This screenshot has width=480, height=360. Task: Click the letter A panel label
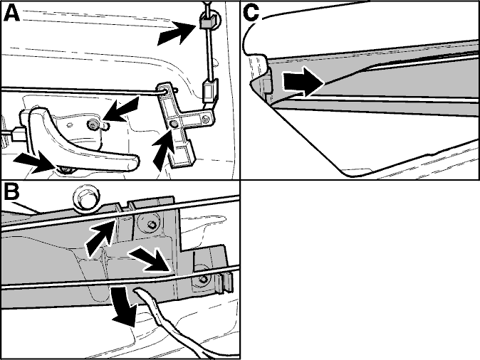coord(11,14)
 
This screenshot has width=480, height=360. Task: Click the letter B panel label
coord(11,192)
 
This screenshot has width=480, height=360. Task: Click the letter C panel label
coord(251,14)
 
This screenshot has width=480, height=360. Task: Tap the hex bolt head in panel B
coord(87,198)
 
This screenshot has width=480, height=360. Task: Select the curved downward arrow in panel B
coord(124,306)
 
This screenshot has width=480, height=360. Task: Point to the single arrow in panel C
coord(303,82)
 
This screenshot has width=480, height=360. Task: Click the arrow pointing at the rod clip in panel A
coord(177,33)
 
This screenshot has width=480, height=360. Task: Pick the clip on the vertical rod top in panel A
coord(207,22)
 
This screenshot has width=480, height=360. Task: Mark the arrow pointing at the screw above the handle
coord(120,109)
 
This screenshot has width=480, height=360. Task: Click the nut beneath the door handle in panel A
coord(66,169)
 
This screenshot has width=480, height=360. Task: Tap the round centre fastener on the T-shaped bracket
coord(174,124)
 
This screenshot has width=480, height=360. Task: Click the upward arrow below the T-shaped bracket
coord(163,153)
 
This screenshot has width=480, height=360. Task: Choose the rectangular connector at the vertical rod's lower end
coord(209,90)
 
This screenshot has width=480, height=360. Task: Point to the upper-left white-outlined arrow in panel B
coord(101,238)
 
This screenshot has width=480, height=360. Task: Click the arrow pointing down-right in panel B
coord(150,259)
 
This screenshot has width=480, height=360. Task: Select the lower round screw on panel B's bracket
coord(203,277)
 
